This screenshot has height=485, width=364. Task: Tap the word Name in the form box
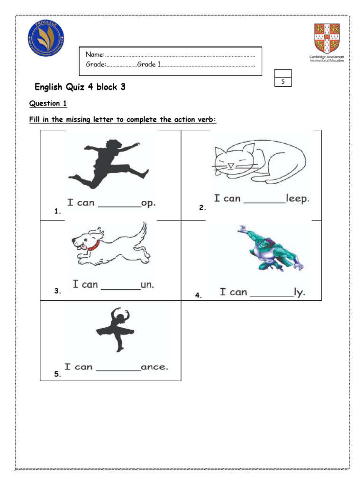pos(94,56)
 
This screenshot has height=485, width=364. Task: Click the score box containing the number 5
pos(283,82)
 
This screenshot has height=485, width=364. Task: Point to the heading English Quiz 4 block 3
pos(80,87)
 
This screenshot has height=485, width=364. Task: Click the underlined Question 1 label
pos(45,103)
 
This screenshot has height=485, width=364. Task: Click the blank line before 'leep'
pos(264,202)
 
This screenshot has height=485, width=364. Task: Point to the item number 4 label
pos(198,296)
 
